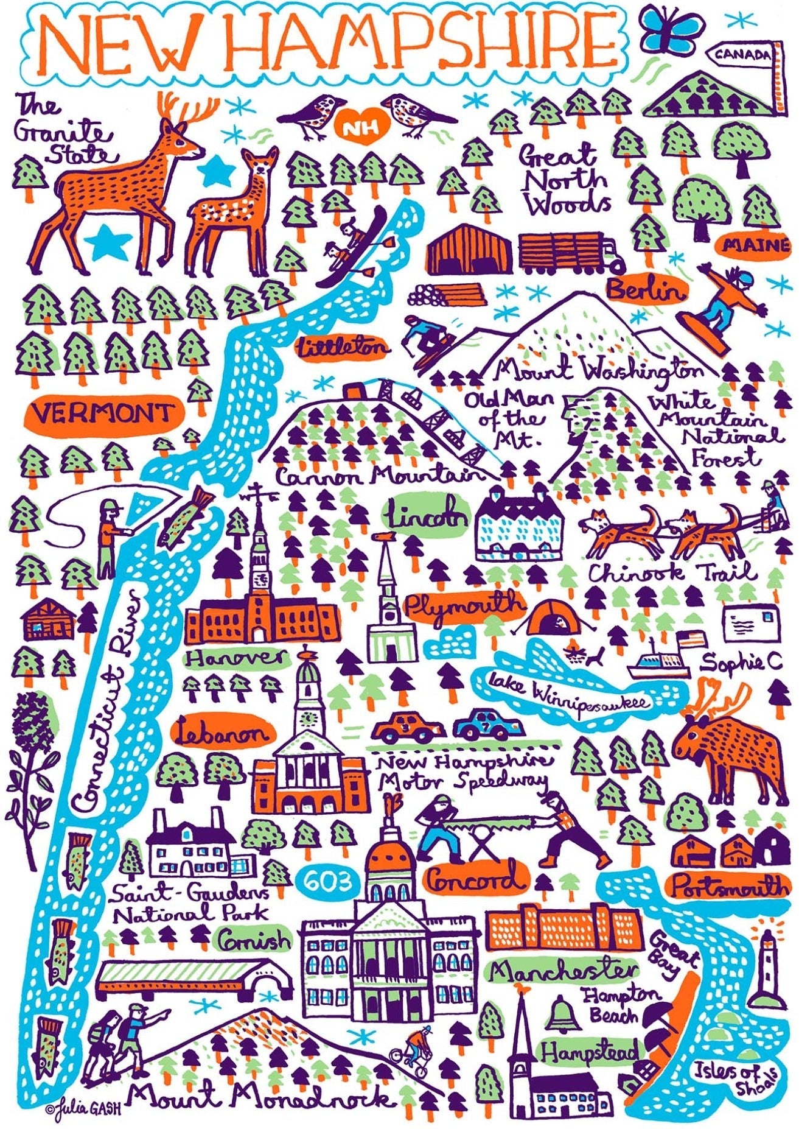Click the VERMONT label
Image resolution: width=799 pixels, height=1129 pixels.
tap(103, 415)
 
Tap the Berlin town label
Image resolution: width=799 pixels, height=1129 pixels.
tap(646, 291)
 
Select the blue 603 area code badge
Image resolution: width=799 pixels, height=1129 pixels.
tap(326, 881)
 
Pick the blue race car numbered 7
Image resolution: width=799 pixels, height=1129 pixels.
tap(488, 725)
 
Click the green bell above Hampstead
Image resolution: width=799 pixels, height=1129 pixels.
tap(559, 1011)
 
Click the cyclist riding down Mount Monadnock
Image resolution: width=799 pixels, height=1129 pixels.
tap(419, 1049)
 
